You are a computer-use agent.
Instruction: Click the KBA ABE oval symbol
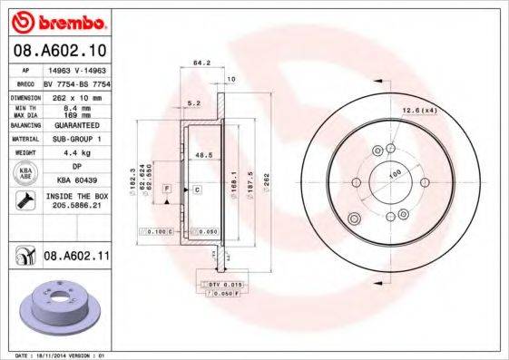(26, 173)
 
